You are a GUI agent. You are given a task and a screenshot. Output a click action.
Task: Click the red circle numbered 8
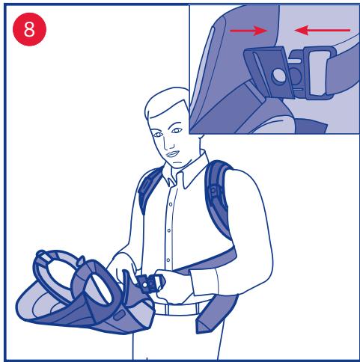[29, 29]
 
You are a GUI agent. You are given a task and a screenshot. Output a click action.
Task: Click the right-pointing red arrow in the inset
[248, 31]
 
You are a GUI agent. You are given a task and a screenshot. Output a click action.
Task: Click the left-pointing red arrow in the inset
[323, 31]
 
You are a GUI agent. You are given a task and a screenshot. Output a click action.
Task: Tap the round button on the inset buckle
[279, 75]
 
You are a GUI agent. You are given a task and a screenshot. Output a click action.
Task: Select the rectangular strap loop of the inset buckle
[320, 73]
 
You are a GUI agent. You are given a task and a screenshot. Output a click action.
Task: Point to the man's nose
[168, 144]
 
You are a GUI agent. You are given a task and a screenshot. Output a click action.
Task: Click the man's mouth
[173, 154]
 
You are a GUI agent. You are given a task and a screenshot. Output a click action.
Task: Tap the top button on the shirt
[171, 204]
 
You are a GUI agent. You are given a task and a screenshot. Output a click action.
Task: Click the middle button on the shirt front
[169, 230]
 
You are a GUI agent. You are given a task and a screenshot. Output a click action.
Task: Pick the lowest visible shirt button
[168, 260]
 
